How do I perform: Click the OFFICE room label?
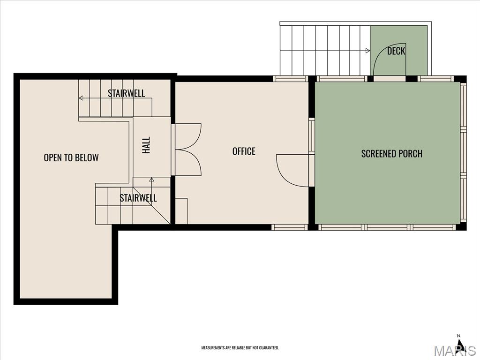(x=244, y=151)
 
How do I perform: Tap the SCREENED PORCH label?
(x=392, y=153)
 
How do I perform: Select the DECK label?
(x=396, y=51)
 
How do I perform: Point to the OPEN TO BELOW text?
(x=71, y=157)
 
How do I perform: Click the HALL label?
(x=146, y=145)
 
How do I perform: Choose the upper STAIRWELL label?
(x=126, y=93)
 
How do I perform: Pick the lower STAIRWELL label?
(x=138, y=198)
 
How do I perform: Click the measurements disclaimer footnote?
(x=240, y=348)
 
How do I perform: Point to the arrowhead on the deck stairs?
(x=367, y=51)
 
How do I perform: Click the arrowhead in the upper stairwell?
(x=81, y=98)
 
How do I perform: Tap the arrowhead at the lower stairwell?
(x=151, y=180)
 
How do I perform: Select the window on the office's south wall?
(x=289, y=227)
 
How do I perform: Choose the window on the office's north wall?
(x=290, y=79)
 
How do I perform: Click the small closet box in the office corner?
(x=181, y=211)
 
